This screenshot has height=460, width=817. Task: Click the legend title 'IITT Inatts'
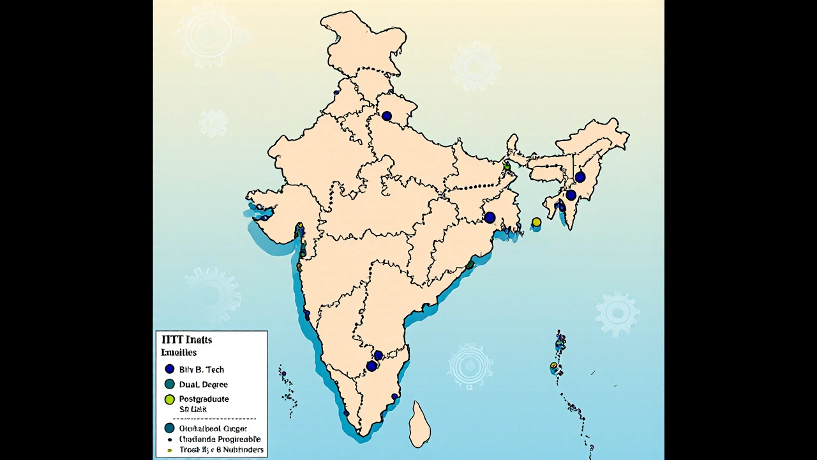[187, 340]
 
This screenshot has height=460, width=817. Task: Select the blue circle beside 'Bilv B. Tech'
[170, 369]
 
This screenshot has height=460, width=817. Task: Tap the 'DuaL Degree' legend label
[203, 385]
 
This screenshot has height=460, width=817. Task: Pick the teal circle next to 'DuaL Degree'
[170, 385]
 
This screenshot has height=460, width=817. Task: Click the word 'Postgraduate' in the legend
[204, 399]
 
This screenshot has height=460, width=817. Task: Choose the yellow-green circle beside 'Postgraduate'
[170, 399]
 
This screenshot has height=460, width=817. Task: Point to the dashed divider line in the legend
[210, 418]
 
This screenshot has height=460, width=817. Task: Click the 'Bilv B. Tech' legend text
[201, 369]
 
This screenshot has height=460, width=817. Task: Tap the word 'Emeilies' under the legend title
[179, 353]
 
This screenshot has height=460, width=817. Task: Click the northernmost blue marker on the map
[387, 116]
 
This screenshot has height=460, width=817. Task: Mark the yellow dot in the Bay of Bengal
[536, 222]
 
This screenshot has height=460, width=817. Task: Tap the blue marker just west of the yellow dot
[490, 217]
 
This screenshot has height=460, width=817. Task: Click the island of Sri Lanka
[419, 425]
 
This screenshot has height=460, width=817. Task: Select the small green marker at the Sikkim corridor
[507, 166]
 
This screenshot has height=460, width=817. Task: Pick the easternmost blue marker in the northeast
[580, 177]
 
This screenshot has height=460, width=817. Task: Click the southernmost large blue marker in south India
[371, 366]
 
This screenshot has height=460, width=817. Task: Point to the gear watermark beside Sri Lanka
[470, 367]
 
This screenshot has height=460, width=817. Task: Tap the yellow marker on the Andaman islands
[555, 366]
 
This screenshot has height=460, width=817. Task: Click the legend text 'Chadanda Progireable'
[220, 440]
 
